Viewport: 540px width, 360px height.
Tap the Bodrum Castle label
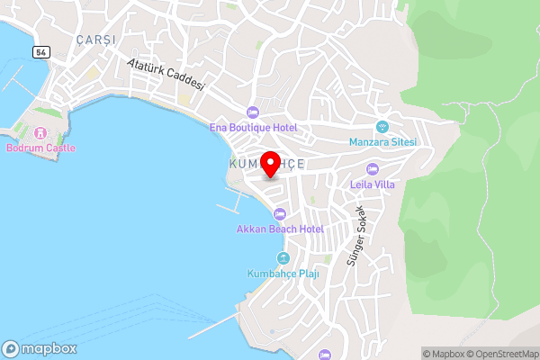tap(40, 148)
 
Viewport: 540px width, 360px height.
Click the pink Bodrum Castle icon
tap(40, 133)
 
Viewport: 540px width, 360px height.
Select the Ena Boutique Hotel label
tap(254, 128)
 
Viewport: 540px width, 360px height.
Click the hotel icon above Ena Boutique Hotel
tap(253, 112)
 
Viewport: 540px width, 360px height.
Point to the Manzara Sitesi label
tap(382, 142)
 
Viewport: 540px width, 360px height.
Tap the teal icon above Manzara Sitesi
tap(382, 127)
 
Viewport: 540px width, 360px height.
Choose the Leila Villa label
tap(373, 185)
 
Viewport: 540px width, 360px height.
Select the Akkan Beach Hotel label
tap(279, 229)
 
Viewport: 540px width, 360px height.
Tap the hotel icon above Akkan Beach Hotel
tap(279, 214)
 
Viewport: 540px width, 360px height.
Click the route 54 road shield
tap(41, 52)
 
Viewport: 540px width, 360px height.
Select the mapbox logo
tap(40, 348)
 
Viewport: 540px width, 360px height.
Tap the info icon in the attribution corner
tap(414, 354)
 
